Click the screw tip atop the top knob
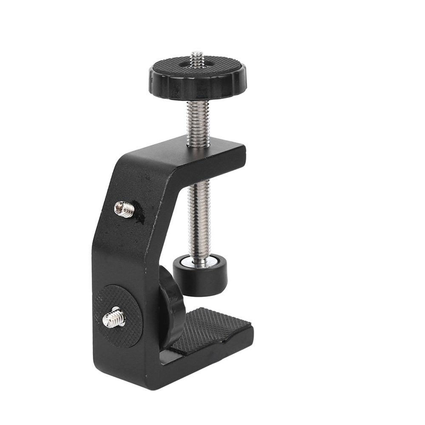tap(197, 59)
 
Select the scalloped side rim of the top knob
tap(195, 89)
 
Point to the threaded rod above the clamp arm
tap(198, 123)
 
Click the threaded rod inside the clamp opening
tap(199, 212)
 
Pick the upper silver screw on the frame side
tap(124, 209)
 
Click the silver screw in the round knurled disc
tap(114, 317)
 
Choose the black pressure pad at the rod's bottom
tap(200, 280)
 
